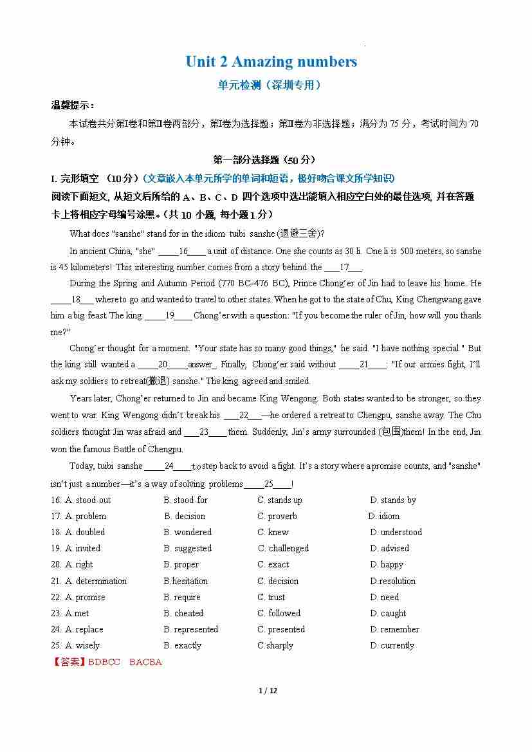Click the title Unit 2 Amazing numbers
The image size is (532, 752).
coord(271,62)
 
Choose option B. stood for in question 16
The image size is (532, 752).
coord(185,500)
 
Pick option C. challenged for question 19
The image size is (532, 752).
coord(283,548)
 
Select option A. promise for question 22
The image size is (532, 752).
coord(85,597)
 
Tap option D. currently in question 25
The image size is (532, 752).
coord(392,645)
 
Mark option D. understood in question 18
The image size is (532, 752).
coord(396,532)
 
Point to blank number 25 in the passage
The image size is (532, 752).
coord(269,484)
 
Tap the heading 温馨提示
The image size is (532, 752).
coord(72,105)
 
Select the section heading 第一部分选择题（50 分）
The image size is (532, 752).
coord(264,160)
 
